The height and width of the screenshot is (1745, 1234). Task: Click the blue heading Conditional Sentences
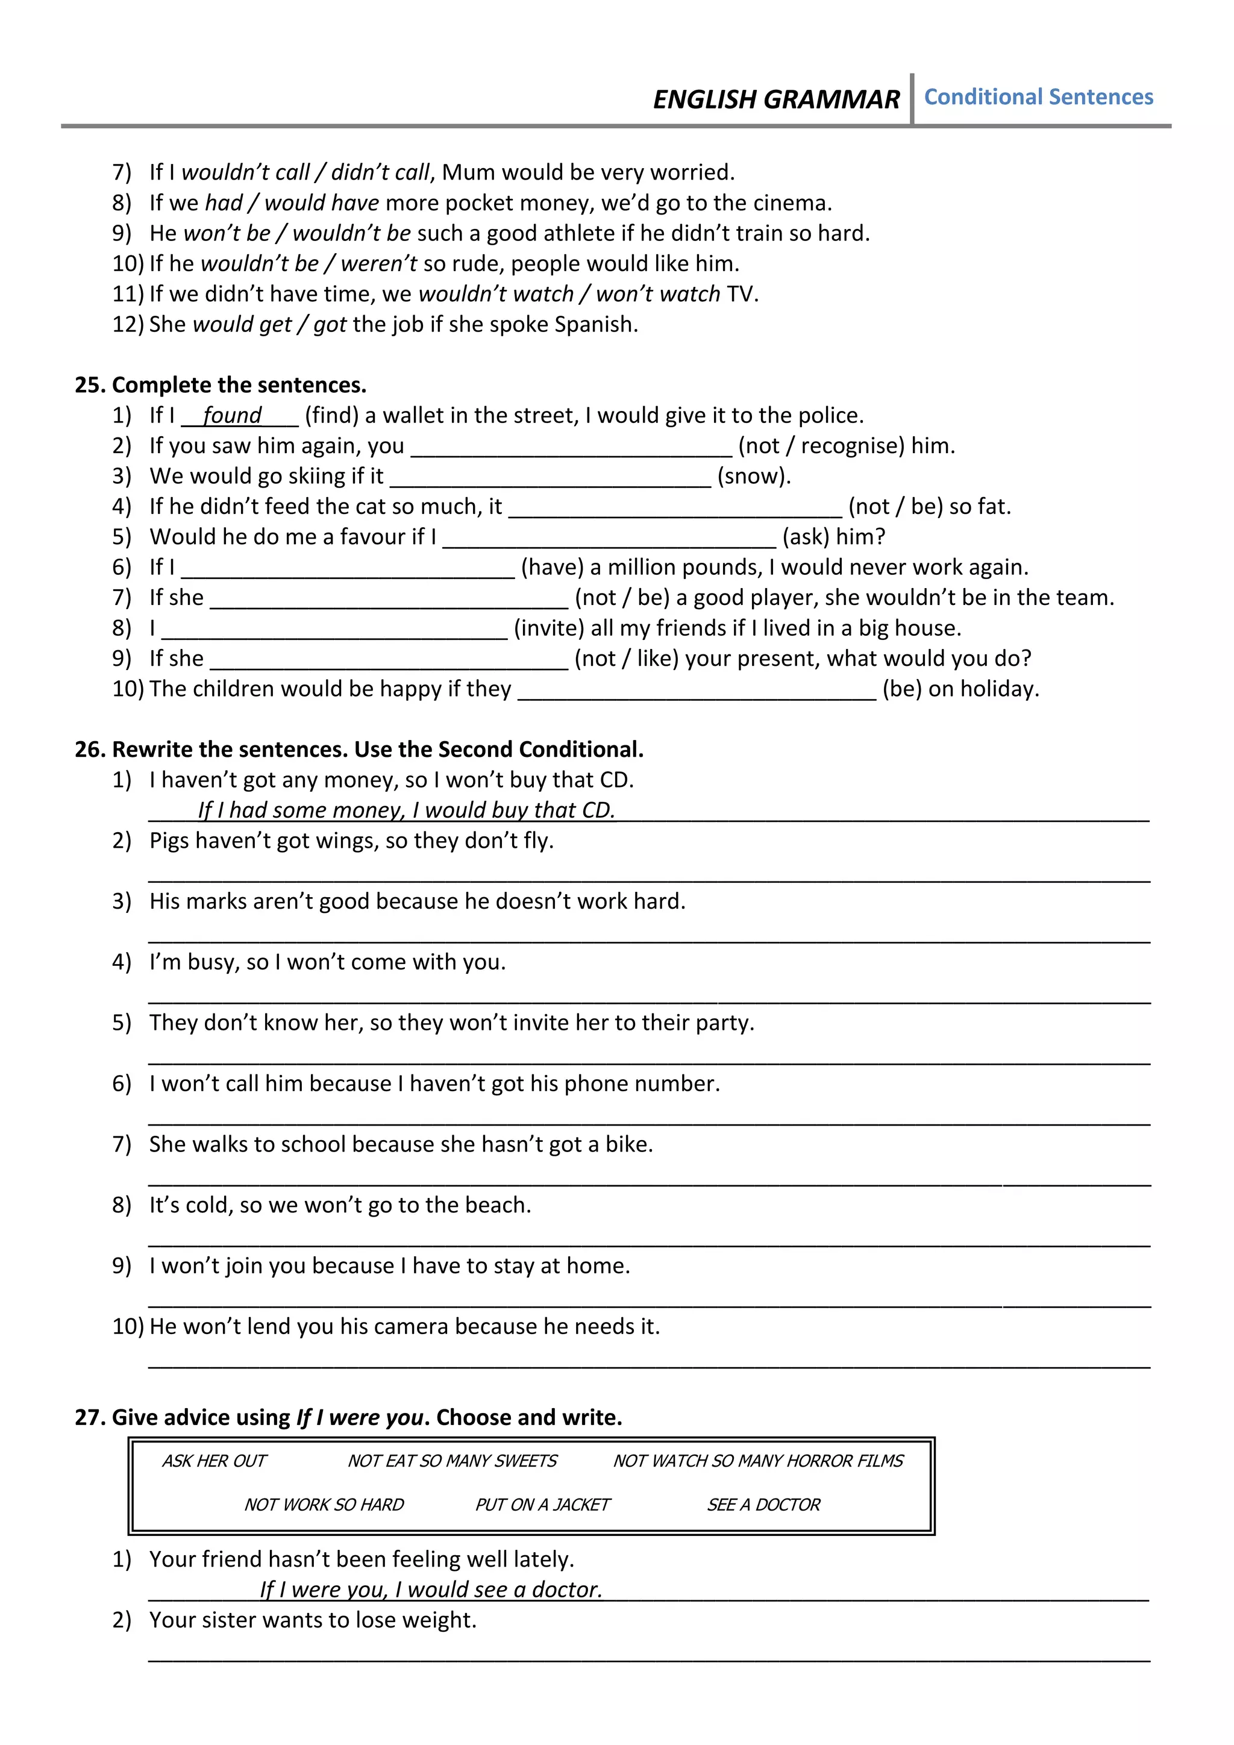click(x=1038, y=97)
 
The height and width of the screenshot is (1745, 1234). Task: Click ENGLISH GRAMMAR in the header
click(x=776, y=99)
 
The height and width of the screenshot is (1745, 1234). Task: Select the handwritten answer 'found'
click(x=232, y=416)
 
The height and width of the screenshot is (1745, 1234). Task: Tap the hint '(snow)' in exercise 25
click(x=754, y=477)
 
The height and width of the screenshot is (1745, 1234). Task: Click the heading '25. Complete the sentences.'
click(x=221, y=385)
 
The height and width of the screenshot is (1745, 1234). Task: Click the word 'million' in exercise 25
click(x=646, y=568)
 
